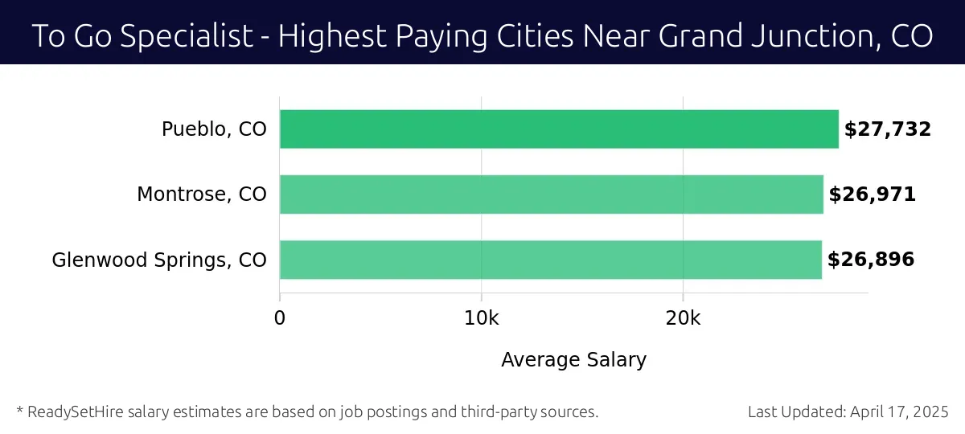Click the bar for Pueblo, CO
point(559,129)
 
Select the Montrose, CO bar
point(552,194)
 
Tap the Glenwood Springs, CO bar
point(551,259)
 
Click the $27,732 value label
point(887,129)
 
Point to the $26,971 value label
point(872,194)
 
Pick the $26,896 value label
point(870,259)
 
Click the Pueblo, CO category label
point(214,129)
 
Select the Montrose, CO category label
point(201,194)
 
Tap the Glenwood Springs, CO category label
point(159,260)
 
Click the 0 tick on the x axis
point(280,317)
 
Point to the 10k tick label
point(481,317)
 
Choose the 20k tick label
point(683,317)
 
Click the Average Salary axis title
point(573,359)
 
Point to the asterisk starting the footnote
point(19,410)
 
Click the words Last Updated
point(795,411)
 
